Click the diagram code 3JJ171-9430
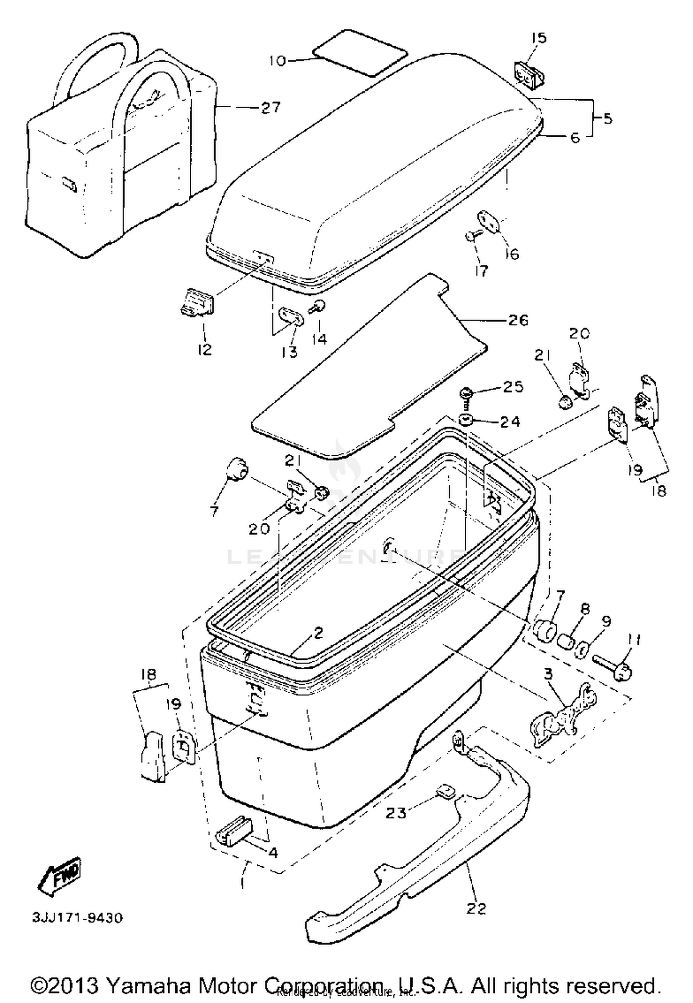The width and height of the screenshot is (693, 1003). click(x=77, y=917)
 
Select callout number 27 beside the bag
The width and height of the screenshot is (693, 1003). click(x=270, y=108)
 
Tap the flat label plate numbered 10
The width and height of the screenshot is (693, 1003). click(x=359, y=52)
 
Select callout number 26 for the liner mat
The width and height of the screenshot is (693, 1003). click(x=517, y=320)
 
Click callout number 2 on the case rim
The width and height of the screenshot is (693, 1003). click(x=318, y=633)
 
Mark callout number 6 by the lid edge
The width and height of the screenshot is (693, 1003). click(x=574, y=137)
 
